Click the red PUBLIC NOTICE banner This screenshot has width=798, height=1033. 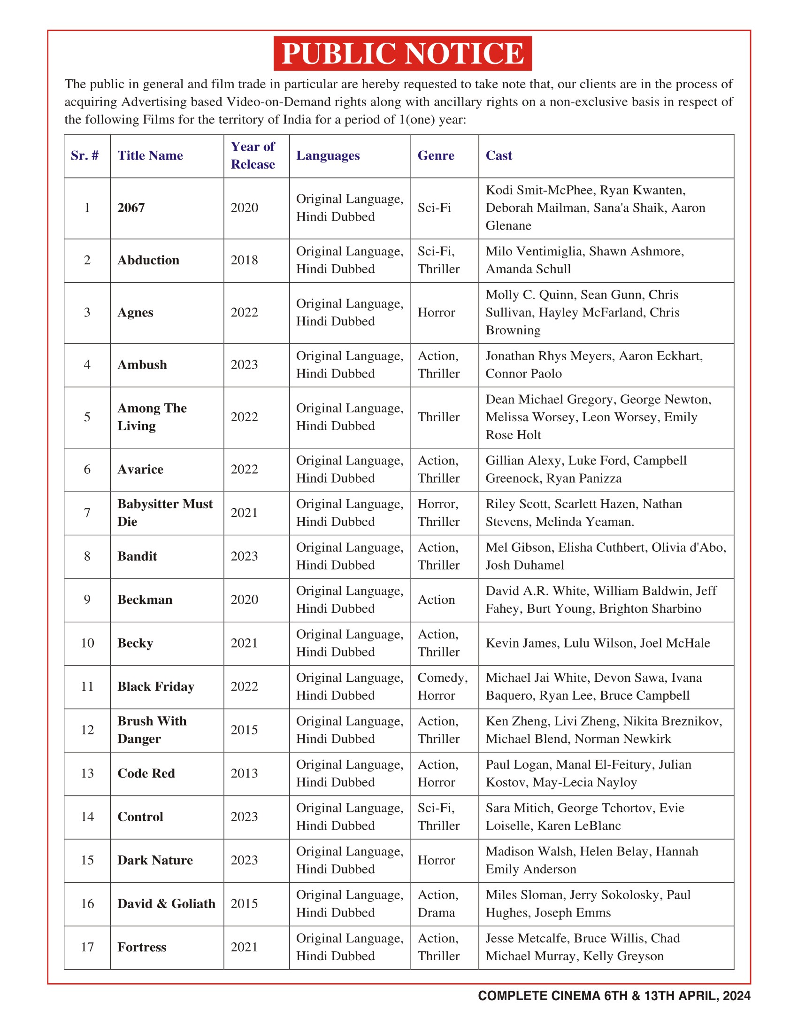402,54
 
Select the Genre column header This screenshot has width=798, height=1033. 436,155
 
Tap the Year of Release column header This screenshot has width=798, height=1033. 253,155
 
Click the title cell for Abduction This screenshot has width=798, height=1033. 148,260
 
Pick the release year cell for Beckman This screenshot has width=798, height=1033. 245,600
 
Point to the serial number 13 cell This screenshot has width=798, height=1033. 87,773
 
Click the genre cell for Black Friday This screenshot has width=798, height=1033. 443,686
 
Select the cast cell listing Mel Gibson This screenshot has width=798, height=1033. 606,556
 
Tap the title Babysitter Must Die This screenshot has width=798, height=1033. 165,513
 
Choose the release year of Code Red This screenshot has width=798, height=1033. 245,773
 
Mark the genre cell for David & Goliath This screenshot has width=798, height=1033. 438,904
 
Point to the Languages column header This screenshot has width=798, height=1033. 328,155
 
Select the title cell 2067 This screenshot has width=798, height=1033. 131,208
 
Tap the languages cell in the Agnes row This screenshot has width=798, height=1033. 350,313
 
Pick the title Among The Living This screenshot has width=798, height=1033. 152,417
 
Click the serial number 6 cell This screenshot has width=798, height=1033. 87,469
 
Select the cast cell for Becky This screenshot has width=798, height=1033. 598,643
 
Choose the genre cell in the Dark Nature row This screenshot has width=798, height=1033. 436,860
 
